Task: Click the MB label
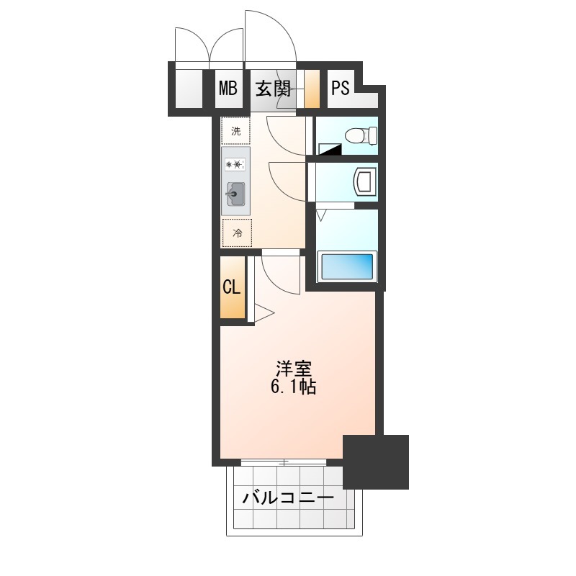tap(228, 88)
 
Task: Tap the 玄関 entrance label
tap(273, 89)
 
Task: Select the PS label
tap(341, 88)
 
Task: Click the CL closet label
tap(231, 287)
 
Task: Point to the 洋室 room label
tap(294, 369)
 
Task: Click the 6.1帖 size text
tap(293, 387)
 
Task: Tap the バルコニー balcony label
tap(288, 498)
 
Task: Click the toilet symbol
tap(361, 135)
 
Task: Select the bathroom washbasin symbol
tap(365, 181)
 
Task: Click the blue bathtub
tap(347, 266)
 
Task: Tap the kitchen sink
tap(235, 194)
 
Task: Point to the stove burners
tap(235, 165)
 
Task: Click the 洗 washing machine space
tap(236, 131)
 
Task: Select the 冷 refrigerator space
tap(238, 233)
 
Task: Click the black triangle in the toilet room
tap(330, 149)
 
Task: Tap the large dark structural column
tap(376, 462)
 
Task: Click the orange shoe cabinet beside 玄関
tap(312, 89)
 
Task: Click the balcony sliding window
tap(284, 462)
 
